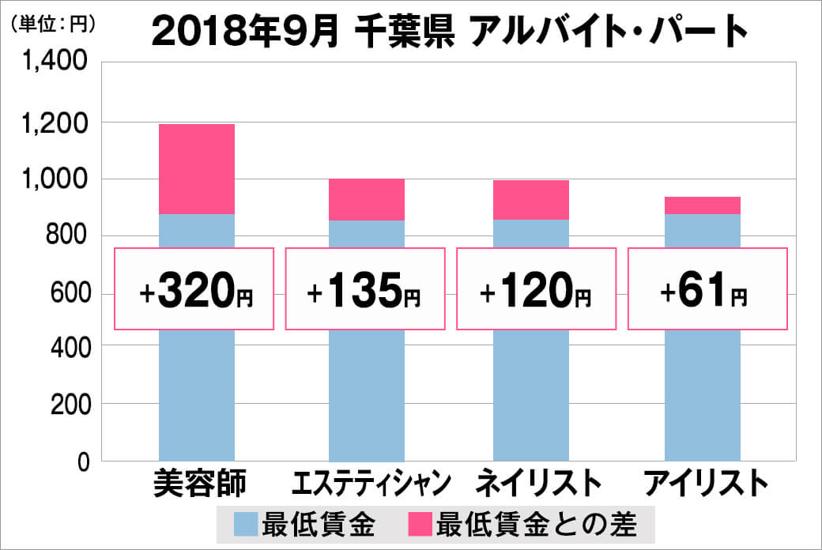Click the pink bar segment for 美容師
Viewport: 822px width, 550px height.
click(197, 169)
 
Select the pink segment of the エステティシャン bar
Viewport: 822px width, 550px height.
click(366, 199)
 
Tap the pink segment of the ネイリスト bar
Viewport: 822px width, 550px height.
click(530, 200)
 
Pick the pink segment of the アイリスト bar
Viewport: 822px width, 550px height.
click(702, 205)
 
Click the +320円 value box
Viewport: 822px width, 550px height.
click(194, 289)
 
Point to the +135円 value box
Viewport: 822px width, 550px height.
click(364, 289)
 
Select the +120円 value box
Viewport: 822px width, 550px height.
click(535, 289)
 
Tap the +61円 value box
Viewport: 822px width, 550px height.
click(707, 289)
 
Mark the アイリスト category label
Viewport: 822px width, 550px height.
click(705, 483)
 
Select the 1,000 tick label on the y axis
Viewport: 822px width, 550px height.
click(55, 179)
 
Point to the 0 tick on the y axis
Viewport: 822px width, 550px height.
click(81, 462)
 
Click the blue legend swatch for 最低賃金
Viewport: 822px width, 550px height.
click(246, 524)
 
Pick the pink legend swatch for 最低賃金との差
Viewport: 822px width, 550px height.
click(420, 524)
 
